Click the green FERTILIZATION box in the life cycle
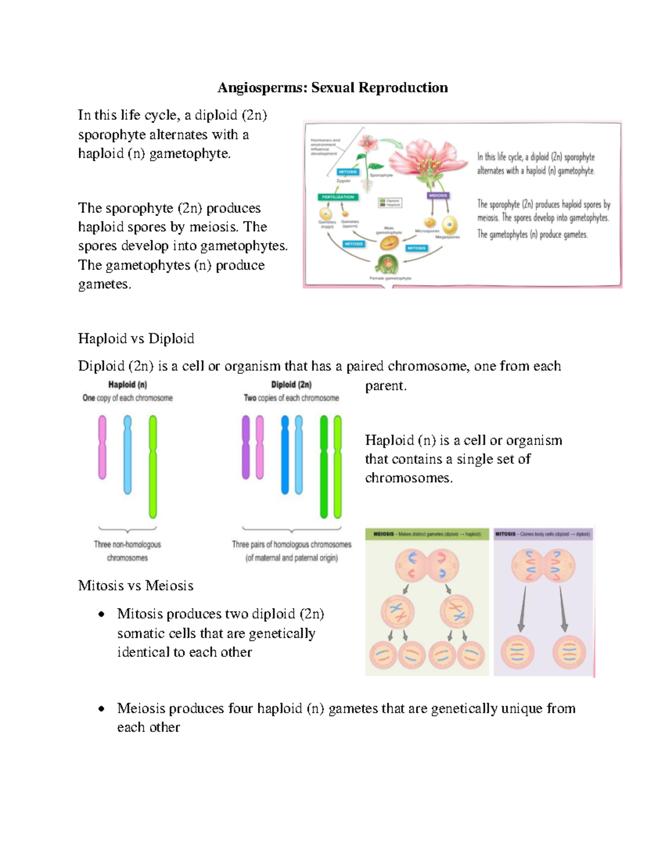click(337, 197)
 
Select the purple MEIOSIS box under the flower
click(438, 195)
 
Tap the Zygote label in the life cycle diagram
click(344, 181)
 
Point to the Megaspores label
click(447, 237)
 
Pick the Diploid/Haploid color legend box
click(390, 203)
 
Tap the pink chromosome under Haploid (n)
click(103, 447)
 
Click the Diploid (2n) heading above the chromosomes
click(291, 384)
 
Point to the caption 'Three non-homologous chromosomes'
click(127, 551)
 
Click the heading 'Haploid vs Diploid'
click(136, 338)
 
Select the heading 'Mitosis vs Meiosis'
click(136, 585)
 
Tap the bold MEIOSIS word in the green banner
click(383, 534)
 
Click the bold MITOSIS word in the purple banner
click(505, 534)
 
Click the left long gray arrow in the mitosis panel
click(522, 609)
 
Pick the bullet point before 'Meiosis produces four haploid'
click(101, 708)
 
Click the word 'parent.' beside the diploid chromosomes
click(386, 386)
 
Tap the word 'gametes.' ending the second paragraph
click(105, 284)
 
